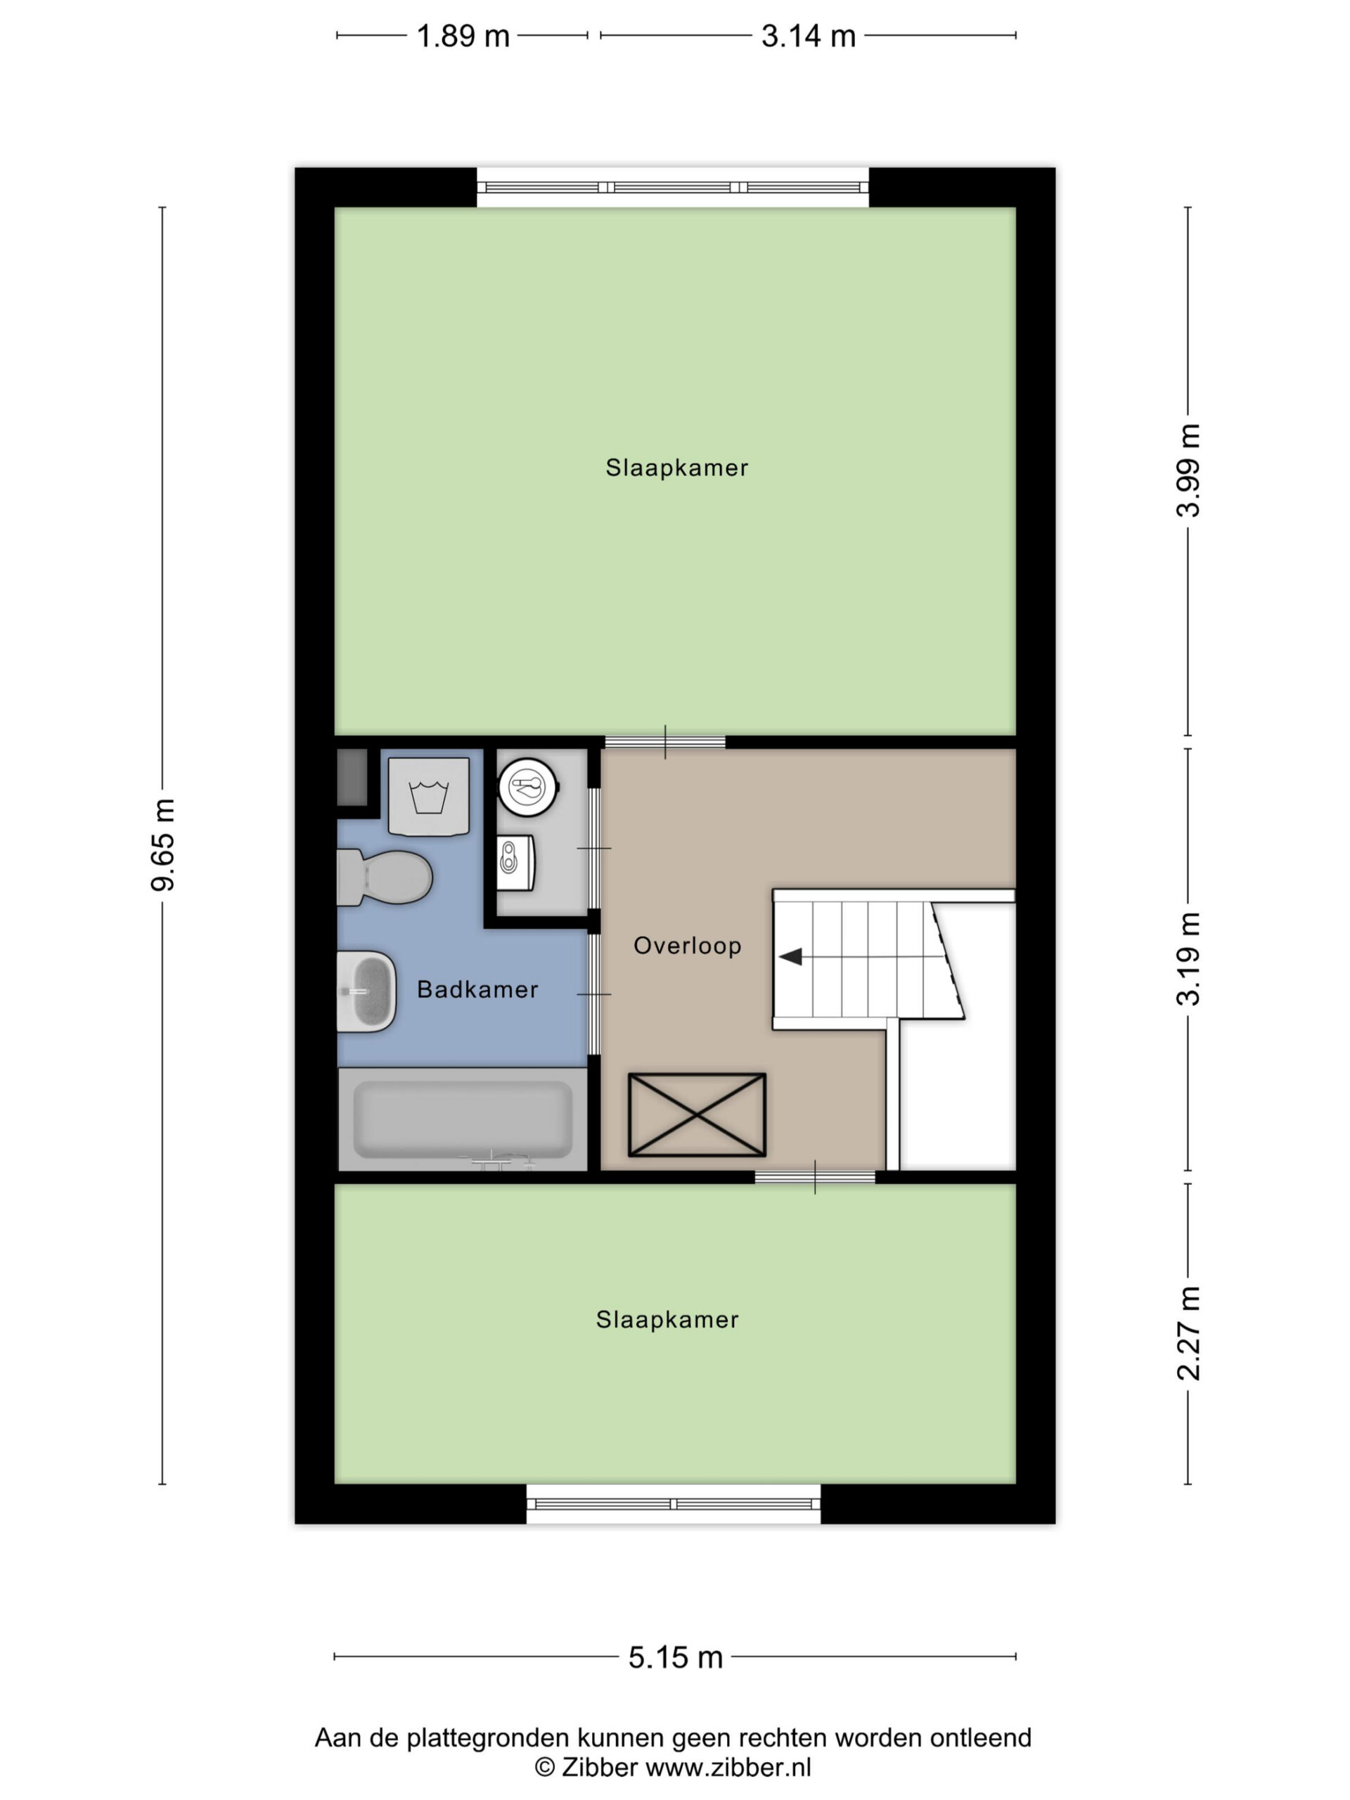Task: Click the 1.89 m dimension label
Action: click(462, 36)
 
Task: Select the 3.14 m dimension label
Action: click(808, 36)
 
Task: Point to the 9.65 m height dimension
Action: click(162, 844)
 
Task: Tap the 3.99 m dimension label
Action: click(1188, 470)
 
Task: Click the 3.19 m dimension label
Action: click(1188, 958)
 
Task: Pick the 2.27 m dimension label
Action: click(1188, 1333)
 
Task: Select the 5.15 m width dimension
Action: click(676, 1657)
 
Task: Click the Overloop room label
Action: click(688, 946)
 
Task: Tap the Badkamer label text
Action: click(477, 989)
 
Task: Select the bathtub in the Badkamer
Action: click(462, 1119)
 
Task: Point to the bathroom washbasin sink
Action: click(367, 991)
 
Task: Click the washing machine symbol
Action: click(429, 797)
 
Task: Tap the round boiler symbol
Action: click(528, 786)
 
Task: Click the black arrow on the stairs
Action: click(791, 957)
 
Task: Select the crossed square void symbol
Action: click(697, 1115)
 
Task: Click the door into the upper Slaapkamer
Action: click(665, 742)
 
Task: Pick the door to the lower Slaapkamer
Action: click(814, 1176)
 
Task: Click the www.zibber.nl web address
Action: click(728, 1767)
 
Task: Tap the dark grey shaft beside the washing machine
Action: click(353, 778)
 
